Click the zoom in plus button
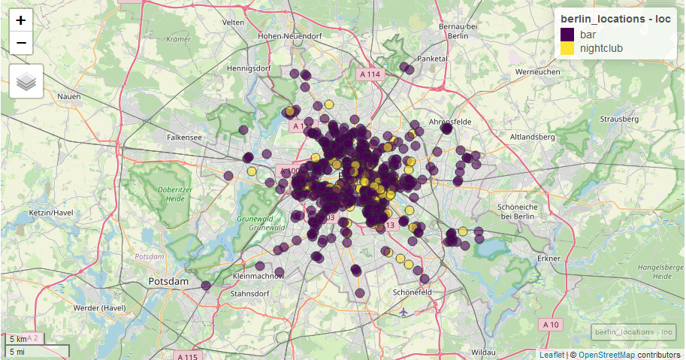(x=21, y=20)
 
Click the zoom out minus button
(x=21, y=43)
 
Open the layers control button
(x=26, y=81)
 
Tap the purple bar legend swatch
(x=567, y=35)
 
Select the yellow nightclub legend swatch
(x=567, y=49)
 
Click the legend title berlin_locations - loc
(x=615, y=19)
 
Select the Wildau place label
(x=482, y=352)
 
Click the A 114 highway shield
(x=370, y=74)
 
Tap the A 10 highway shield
(x=550, y=324)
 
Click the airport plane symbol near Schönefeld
(x=404, y=310)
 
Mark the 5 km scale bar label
(x=17, y=340)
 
